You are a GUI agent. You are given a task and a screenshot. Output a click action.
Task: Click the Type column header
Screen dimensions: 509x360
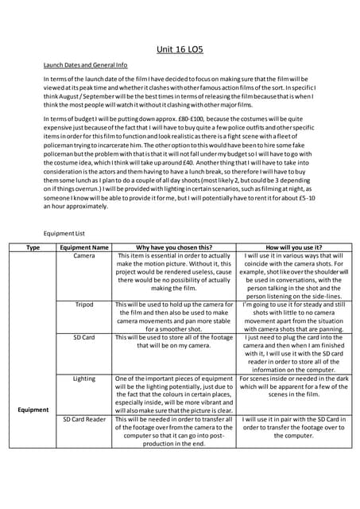pyautogui.click(x=33, y=247)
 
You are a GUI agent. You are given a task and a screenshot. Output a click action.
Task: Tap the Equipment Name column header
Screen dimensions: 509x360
pyautogui.click(x=84, y=247)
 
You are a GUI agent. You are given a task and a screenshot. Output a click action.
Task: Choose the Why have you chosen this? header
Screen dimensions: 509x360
pyautogui.click(x=174, y=247)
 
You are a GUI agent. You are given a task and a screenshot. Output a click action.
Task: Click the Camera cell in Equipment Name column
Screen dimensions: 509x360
pyautogui.click(x=84, y=256)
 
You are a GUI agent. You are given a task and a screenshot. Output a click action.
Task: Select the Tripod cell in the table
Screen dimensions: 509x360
pyautogui.click(x=84, y=305)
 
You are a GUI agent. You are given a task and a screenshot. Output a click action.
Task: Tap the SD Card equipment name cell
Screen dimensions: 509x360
pyautogui.click(x=84, y=337)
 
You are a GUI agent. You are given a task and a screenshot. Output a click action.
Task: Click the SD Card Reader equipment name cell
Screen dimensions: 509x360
pyautogui.click(x=84, y=418)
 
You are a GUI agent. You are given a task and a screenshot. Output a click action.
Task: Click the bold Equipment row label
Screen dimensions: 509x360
pyautogui.click(x=33, y=410)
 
